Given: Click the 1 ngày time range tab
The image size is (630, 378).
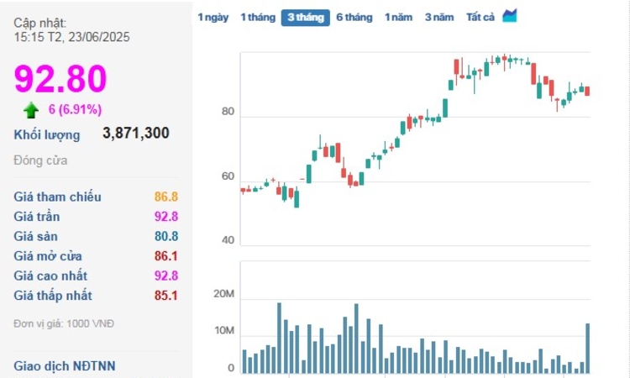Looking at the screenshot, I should (x=213, y=18).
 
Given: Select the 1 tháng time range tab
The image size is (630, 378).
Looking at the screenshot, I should (x=257, y=18).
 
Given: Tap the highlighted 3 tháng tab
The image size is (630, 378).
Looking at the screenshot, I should (x=305, y=18).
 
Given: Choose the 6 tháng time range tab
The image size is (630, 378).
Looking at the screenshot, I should (x=354, y=18).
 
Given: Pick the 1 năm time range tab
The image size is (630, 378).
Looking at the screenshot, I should (x=399, y=18).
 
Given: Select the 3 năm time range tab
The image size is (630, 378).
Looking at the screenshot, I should (x=439, y=18).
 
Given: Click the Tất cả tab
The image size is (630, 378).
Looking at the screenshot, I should (x=480, y=18).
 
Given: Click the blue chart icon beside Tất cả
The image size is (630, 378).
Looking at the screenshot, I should (x=510, y=16).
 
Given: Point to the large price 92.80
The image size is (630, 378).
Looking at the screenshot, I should (x=60, y=79).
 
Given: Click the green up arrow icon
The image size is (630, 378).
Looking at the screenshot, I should (x=31, y=109).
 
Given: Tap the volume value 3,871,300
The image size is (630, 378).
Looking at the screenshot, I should (x=136, y=134).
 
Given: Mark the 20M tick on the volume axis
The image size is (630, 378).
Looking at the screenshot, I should (x=223, y=294).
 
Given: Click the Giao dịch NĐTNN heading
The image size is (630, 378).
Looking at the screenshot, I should (x=65, y=365).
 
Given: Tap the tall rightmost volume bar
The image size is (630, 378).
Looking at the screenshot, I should (x=587, y=348).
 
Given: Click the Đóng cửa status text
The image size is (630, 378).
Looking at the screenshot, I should (x=40, y=160).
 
